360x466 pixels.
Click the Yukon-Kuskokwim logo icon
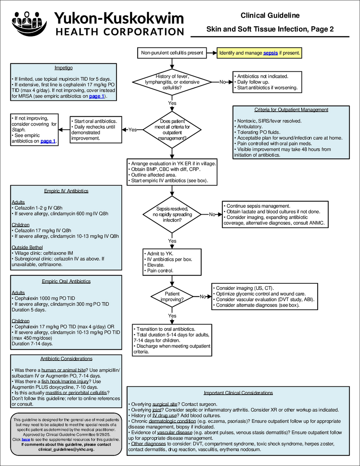29,23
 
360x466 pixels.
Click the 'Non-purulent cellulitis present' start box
172,53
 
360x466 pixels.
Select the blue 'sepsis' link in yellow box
270,53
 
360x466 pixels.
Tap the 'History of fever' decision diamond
172,82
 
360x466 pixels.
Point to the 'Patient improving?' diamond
172,297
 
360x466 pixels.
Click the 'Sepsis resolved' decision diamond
172,214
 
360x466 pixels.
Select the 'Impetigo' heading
64,68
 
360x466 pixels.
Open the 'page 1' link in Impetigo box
96,96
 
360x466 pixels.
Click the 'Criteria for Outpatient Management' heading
291,110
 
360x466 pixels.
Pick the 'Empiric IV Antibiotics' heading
66,191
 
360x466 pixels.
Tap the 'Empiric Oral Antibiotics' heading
66,281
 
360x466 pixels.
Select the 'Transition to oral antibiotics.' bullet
166,329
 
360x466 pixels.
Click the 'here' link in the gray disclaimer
26,439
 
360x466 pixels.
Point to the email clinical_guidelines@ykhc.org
66,449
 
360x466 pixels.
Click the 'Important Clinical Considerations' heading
238,393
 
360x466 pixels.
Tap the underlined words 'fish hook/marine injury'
64,381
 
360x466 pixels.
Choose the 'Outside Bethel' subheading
27,247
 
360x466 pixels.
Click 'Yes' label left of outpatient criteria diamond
132,130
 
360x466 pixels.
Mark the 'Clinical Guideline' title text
270,15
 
